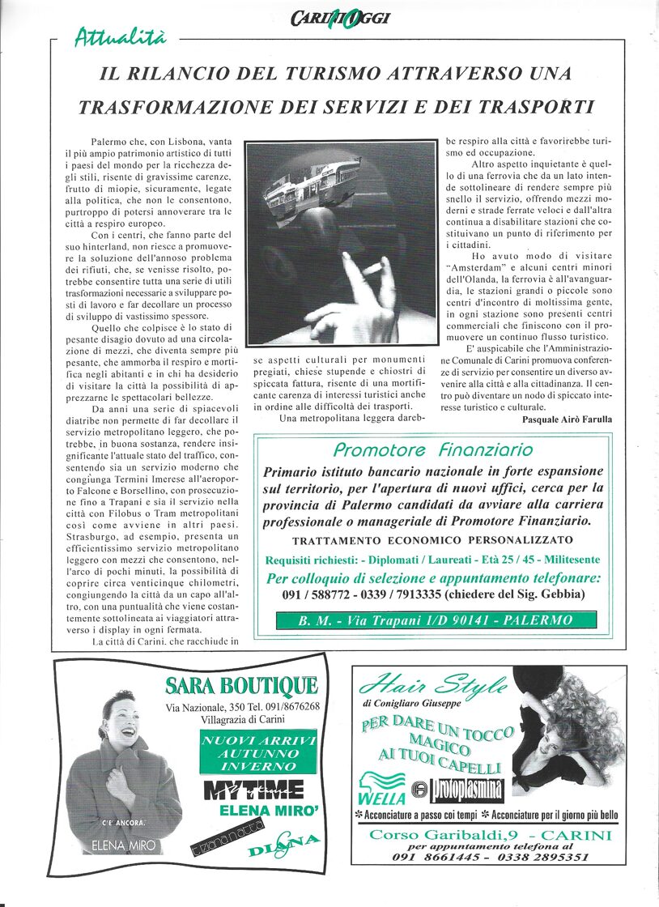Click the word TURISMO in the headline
click(x=321, y=74)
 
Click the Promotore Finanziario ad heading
click(x=433, y=450)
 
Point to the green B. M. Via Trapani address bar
click(x=436, y=620)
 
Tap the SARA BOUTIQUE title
click(x=240, y=686)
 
